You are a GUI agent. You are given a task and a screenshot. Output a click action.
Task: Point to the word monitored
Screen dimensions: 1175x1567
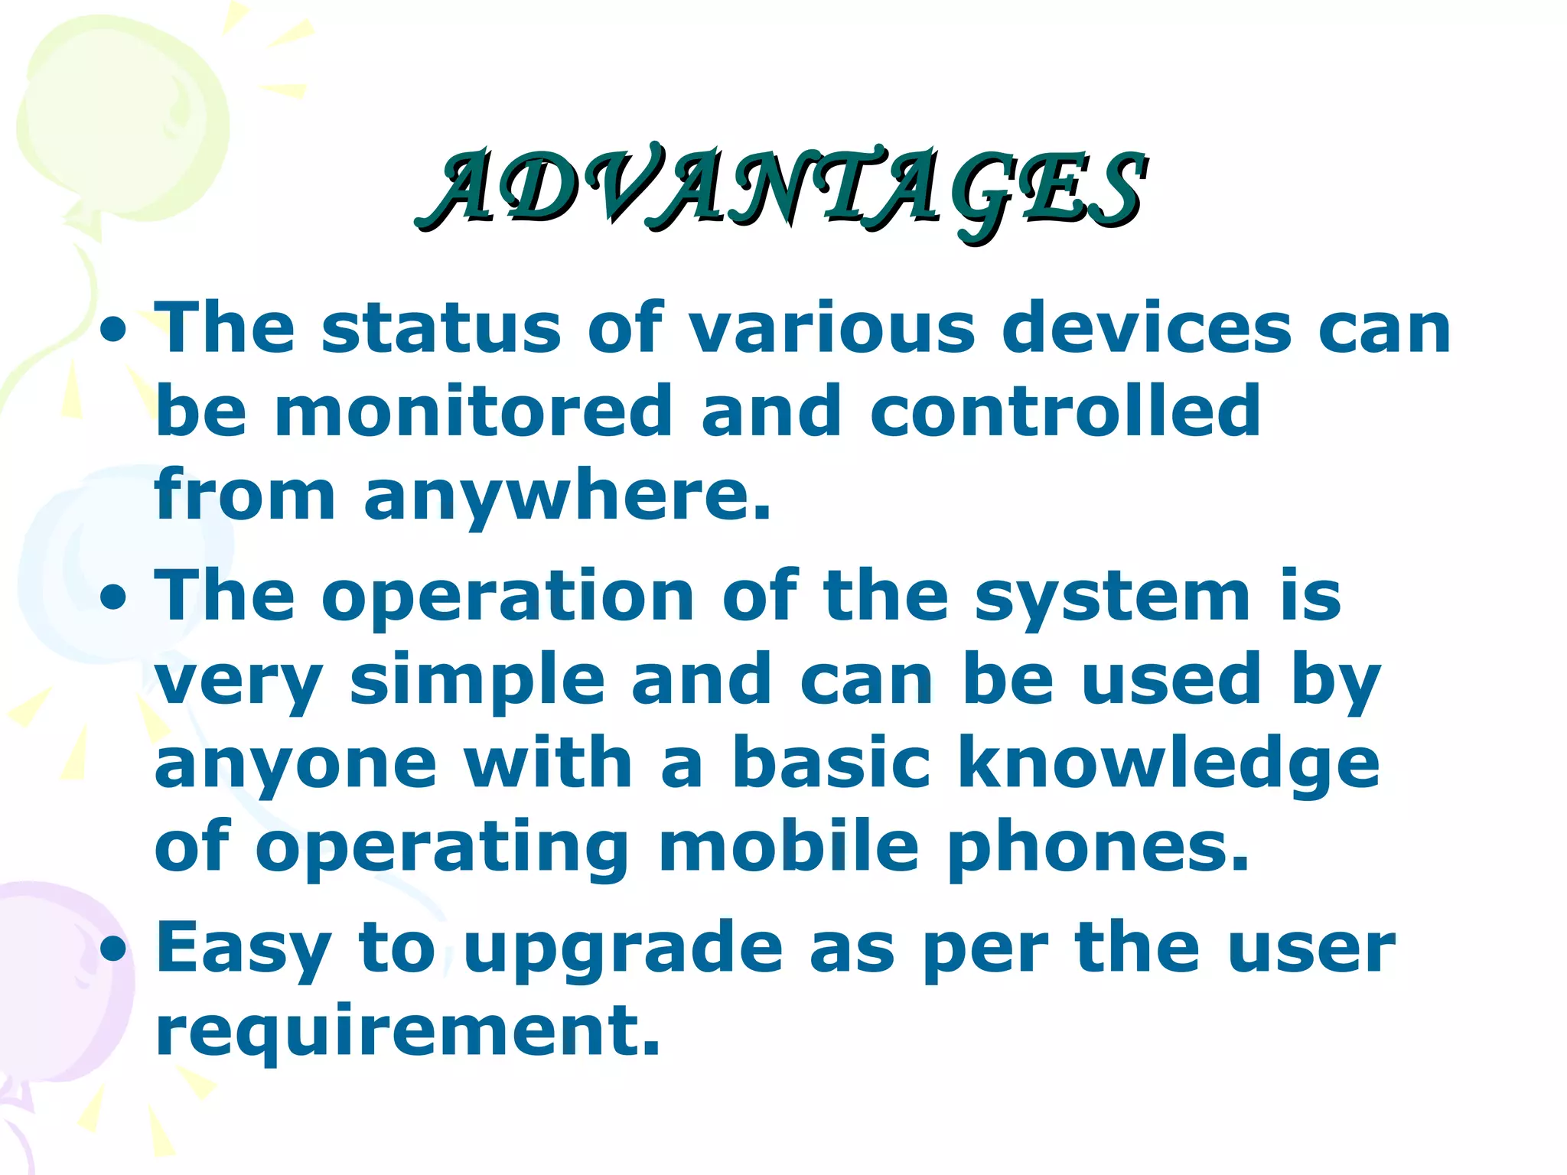473,412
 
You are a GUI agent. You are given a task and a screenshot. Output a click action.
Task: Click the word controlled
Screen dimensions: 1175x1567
1064,412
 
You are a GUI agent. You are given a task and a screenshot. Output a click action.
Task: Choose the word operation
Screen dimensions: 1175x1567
508,597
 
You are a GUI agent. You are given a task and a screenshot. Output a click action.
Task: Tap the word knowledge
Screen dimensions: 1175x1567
1169,766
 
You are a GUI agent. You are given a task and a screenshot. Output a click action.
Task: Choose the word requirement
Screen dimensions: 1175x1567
408,1032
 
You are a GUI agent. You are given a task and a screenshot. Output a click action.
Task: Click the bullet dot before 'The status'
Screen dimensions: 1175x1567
114,331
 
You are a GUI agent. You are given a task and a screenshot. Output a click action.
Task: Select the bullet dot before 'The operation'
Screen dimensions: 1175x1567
114,599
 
